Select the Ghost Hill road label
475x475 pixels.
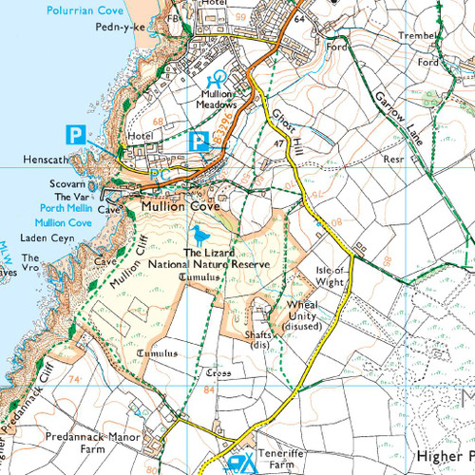click(285, 127)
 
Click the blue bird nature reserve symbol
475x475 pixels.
click(199, 235)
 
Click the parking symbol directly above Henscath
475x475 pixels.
click(75, 134)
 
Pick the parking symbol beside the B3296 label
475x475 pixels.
click(199, 142)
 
